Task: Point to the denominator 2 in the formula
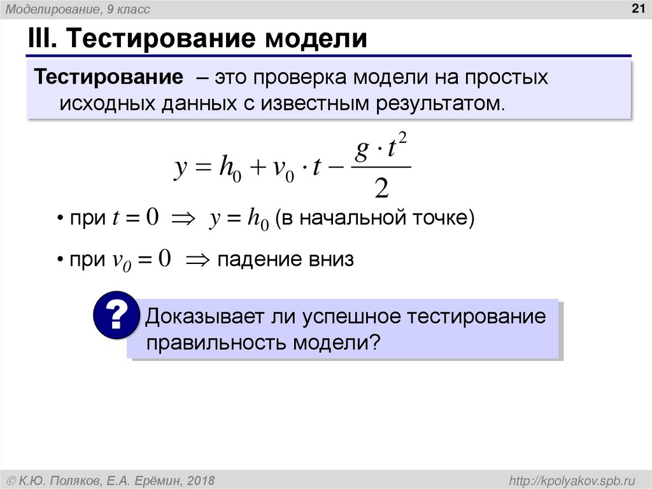pyautogui.click(x=381, y=188)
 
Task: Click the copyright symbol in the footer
pyautogui.click(x=11, y=479)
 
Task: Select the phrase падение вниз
pyautogui.click(x=285, y=259)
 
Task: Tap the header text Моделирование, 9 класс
pyautogui.click(x=78, y=10)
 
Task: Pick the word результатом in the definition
pyautogui.click(x=432, y=103)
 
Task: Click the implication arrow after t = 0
pyautogui.click(x=183, y=219)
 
